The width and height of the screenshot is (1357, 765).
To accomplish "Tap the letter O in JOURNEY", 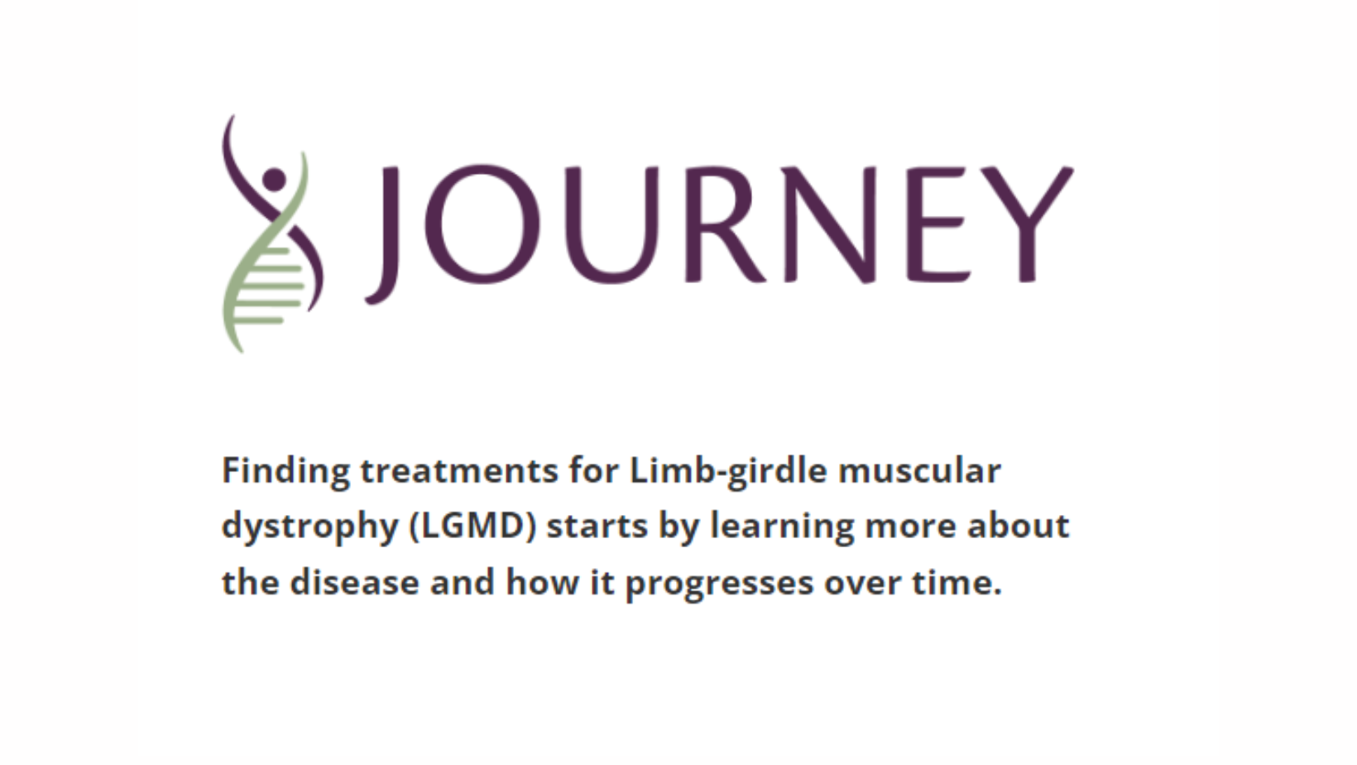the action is pyautogui.click(x=482, y=224).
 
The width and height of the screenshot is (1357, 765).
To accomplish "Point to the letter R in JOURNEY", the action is pyautogui.click(x=725, y=224).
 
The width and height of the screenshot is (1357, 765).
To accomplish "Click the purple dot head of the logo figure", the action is pyautogui.click(x=275, y=180).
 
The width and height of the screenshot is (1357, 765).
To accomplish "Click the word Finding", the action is pyautogui.click(x=286, y=472).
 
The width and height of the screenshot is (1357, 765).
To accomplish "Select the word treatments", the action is pyautogui.click(x=459, y=470).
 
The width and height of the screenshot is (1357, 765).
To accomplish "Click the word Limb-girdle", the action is pyautogui.click(x=729, y=472).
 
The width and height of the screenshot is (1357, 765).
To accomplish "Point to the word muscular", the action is pyautogui.click(x=919, y=470).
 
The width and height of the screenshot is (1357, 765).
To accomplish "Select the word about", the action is pyautogui.click(x=1019, y=525).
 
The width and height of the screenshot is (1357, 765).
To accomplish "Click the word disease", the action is pyautogui.click(x=354, y=582).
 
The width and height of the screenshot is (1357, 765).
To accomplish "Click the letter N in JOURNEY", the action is pyautogui.click(x=830, y=224).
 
